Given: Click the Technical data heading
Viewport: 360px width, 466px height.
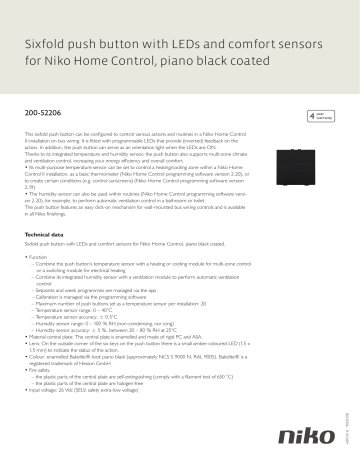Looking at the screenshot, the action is [46, 234].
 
